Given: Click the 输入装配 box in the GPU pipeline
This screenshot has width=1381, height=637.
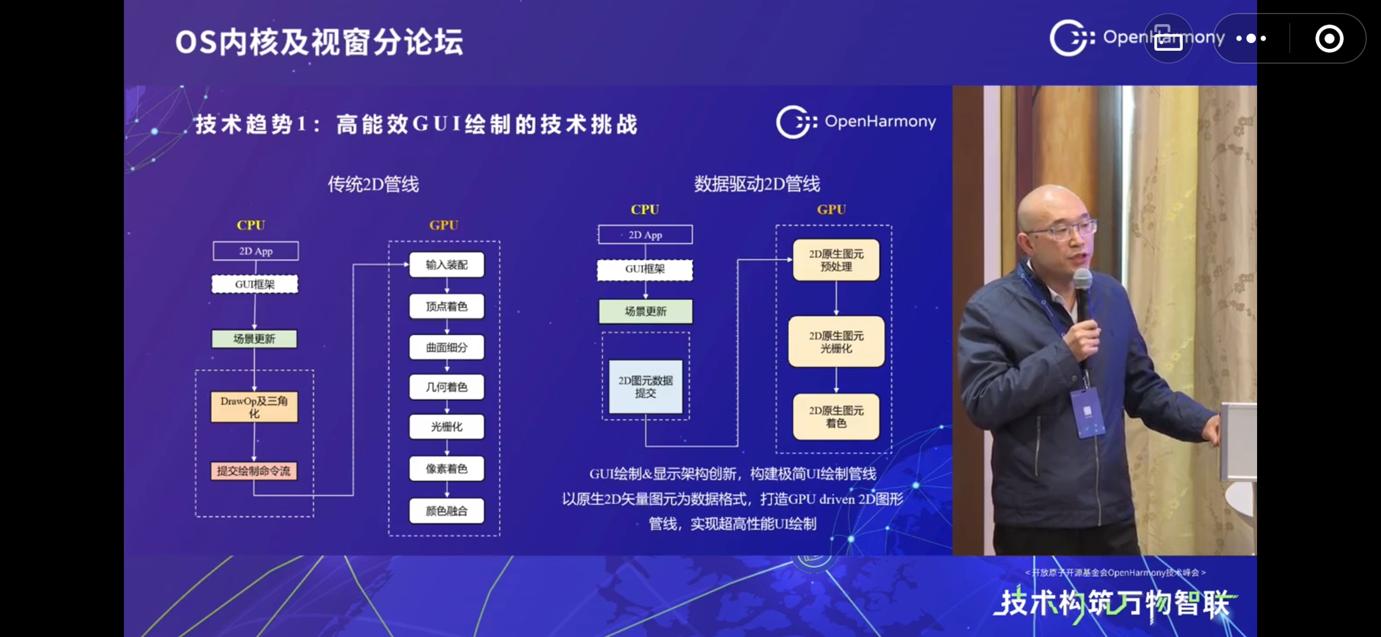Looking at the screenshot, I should [447, 265].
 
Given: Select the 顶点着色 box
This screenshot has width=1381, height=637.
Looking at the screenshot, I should [447, 306].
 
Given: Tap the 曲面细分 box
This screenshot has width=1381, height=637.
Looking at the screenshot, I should [447, 347].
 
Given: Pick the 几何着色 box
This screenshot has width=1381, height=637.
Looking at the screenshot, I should [447, 387].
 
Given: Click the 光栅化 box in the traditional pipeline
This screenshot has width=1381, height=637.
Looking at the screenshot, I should [447, 426].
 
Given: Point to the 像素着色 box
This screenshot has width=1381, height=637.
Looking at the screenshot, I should [447, 468].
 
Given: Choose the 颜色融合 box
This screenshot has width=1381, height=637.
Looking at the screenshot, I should [447, 511].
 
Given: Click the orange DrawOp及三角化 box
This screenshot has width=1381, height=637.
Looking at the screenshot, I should [254, 407].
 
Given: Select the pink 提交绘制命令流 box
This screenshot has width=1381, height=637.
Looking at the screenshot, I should [254, 471].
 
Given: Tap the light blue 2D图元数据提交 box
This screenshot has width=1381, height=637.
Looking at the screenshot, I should [646, 387].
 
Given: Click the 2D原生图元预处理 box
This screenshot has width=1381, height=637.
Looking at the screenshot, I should [836, 260].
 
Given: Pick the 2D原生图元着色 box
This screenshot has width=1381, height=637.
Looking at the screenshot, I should [836, 416].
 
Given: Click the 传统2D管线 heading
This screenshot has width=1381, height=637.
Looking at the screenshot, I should [373, 185].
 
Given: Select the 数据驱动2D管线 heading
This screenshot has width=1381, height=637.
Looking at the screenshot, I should [757, 184].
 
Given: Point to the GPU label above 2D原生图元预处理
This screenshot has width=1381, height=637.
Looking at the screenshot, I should [831, 209].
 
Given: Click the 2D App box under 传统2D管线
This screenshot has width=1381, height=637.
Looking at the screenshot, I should [256, 251].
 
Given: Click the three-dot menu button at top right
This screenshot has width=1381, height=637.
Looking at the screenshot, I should [1251, 39].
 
